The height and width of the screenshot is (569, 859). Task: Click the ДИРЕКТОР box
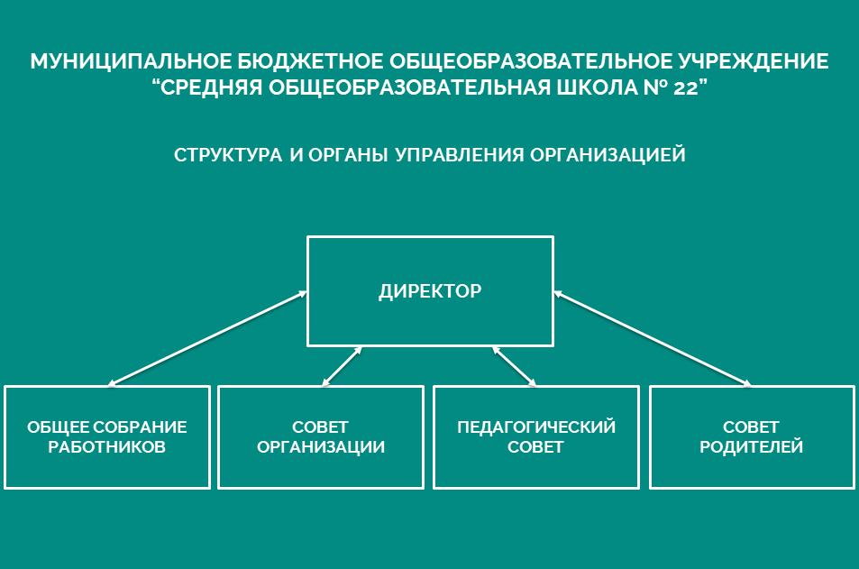[430, 291]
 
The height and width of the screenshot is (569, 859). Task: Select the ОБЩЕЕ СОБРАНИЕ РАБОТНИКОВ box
[107, 436]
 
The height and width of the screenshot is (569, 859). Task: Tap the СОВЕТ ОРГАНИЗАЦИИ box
[321, 436]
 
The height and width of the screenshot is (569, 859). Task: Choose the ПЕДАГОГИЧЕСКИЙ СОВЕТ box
[536, 436]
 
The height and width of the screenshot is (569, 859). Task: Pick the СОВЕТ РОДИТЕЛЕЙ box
[752, 436]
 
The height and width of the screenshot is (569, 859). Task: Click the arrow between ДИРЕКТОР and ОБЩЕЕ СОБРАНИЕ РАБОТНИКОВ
[207, 338]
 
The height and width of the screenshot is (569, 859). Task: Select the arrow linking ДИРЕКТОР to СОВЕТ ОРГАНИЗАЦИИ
[342, 366]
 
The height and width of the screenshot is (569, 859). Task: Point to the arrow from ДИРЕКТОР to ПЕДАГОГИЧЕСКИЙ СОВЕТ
[514, 366]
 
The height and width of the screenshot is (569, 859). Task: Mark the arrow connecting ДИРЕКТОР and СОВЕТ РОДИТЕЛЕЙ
[653, 338]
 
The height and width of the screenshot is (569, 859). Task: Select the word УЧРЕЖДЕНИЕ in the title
[754, 61]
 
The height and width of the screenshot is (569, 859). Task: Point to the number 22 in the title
[685, 87]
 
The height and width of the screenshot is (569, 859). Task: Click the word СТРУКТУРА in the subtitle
[228, 155]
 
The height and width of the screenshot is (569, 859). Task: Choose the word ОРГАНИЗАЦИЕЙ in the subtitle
[608, 154]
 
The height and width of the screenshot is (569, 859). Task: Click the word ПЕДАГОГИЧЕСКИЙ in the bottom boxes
[536, 427]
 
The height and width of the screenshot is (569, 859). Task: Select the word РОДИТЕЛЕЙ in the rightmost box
[752, 446]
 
